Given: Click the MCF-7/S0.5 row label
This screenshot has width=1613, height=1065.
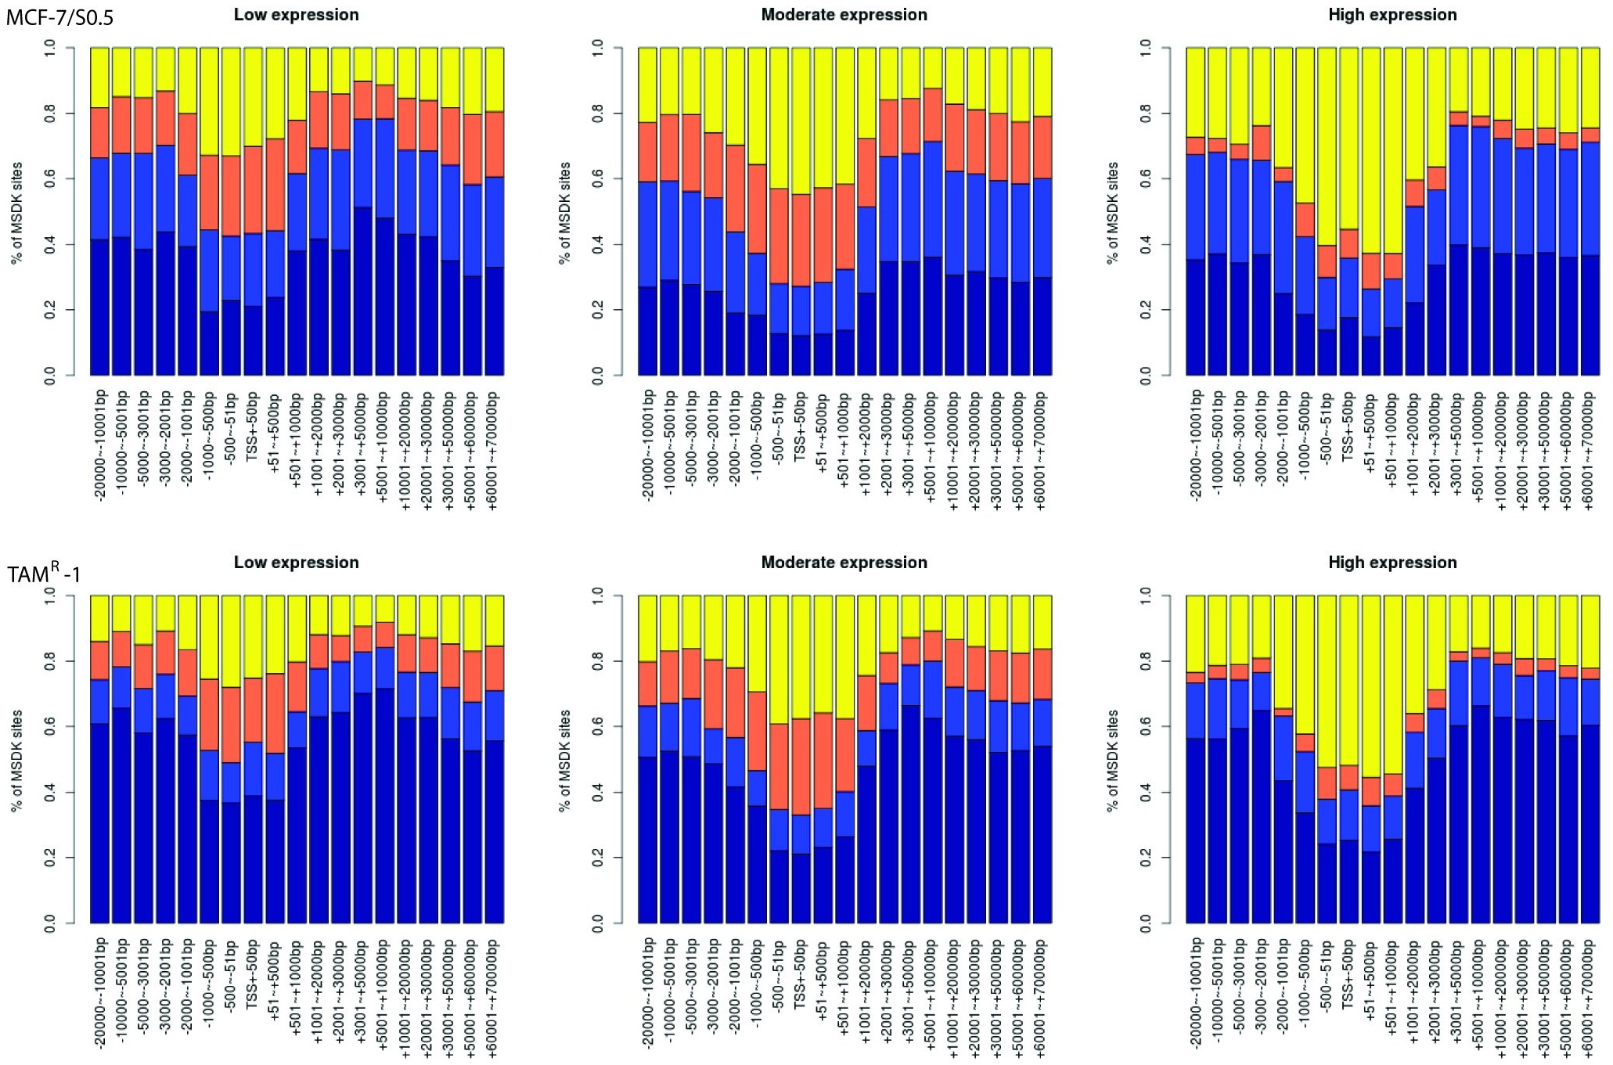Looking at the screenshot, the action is pos(60,17).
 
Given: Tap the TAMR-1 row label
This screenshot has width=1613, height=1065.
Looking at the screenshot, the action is pos(44,574).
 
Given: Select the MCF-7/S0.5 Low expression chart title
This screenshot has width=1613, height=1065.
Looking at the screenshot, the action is pos(296,15).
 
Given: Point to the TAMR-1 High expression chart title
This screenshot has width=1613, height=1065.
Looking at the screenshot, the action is pos(1392,563).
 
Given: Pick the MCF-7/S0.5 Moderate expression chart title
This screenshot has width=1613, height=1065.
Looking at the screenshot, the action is pos(844,15).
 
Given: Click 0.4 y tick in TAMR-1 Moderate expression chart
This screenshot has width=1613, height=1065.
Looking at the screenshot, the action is pos(598,792).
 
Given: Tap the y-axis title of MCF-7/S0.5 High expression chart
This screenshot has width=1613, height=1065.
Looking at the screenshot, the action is pos(1113,213).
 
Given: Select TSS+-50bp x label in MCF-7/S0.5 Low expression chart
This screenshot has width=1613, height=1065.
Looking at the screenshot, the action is pos(253,426).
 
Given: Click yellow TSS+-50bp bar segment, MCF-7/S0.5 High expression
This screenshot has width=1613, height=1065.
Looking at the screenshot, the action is pos(1348,139).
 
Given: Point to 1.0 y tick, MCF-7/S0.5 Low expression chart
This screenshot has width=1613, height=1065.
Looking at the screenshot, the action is pos(50,48).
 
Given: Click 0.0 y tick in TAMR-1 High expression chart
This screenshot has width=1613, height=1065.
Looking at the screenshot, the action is pos(1146,923).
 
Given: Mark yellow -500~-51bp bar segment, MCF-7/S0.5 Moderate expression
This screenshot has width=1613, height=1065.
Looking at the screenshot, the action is pos(779,118).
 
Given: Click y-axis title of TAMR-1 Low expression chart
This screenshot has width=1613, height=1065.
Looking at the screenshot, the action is pos(17,761).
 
